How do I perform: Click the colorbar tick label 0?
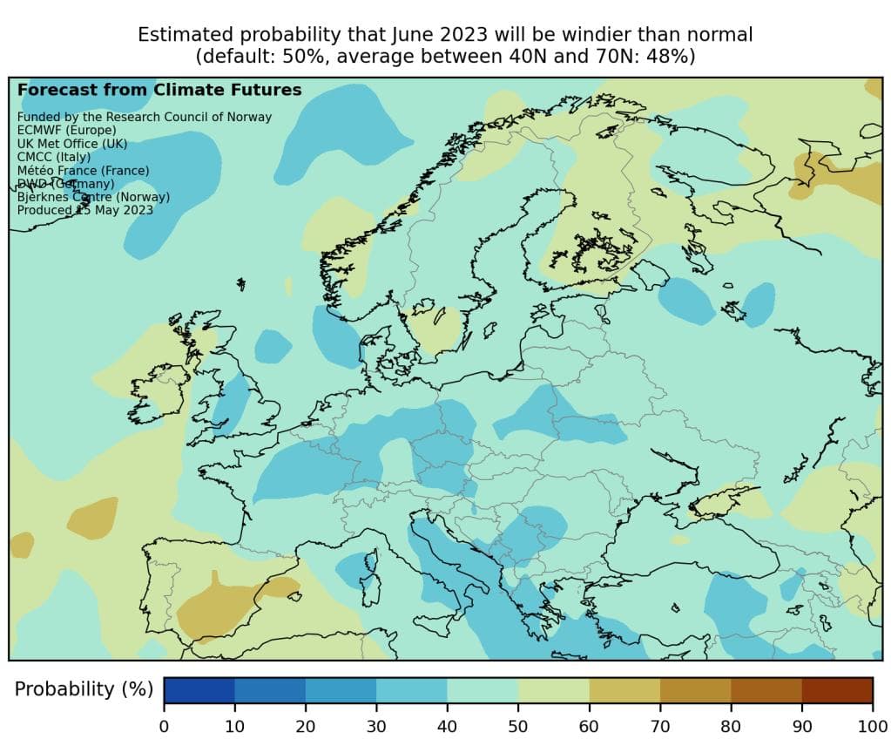tap(164, 726)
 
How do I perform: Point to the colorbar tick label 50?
tap(518, 726)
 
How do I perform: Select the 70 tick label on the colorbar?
tap(660, 726)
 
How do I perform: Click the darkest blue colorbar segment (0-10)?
tap(199, 689)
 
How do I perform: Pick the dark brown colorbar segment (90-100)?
tap(837, 689)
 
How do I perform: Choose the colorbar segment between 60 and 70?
tap(624, 689)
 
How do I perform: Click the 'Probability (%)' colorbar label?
tap(84, 689)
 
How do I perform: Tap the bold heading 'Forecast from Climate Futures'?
tap(159, 90)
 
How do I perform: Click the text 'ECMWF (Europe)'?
tap(66, 130)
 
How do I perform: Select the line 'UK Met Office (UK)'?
tap(72, 144)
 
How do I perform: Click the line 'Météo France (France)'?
tap(83, 170)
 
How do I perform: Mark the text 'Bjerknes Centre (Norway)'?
tap(93, 197)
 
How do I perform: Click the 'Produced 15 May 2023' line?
tap(85, 210)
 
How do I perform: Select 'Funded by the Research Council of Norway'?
tap(145, 117)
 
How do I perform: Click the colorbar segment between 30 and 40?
tap(412, 689)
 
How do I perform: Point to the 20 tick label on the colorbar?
tap(306, 726)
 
